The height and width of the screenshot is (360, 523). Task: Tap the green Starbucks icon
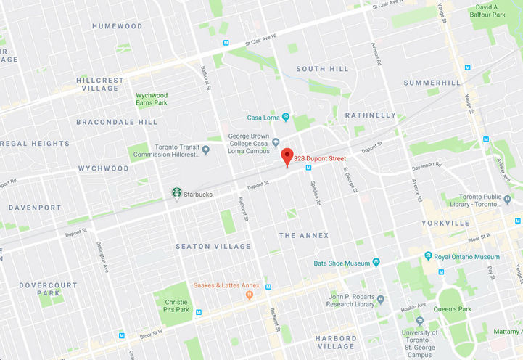click(x=176, y=193)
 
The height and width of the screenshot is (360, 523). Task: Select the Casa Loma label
click(x=264, y=118)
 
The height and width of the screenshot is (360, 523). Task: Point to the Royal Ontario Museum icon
click(x=428, y=257)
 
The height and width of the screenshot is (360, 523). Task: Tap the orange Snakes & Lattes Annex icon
click(x=250, y=295)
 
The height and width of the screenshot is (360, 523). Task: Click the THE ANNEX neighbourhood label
click(x=304, y=235)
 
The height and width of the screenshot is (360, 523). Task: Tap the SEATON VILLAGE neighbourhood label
click(x=213, y=247)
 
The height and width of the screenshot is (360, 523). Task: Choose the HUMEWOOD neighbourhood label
click(x=118, y=26)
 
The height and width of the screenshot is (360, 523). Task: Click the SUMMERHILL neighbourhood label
click(x=432, y=83)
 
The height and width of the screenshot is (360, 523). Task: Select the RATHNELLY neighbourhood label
click(x=371, y=115)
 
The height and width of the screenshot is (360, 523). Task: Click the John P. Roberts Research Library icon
click(x=381, y=299)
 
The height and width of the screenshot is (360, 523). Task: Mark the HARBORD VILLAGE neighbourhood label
click(x=336, y=343)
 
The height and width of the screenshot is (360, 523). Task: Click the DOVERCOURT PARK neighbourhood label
click(x=47, y=289)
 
